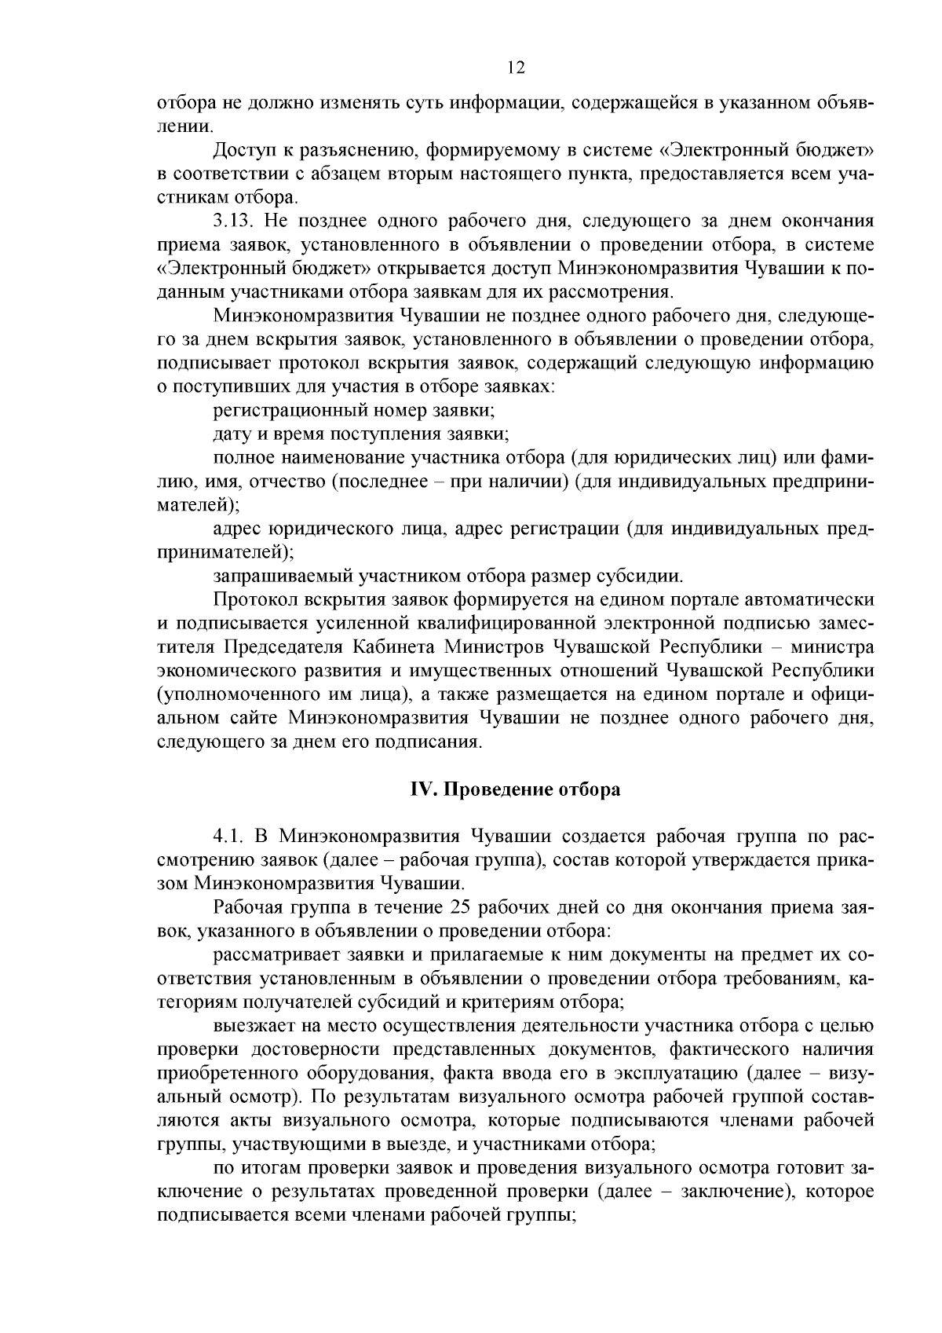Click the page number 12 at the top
tap(516, 68)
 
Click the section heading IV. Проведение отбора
tap(516, 789)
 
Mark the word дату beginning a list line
tap(231, 434)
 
